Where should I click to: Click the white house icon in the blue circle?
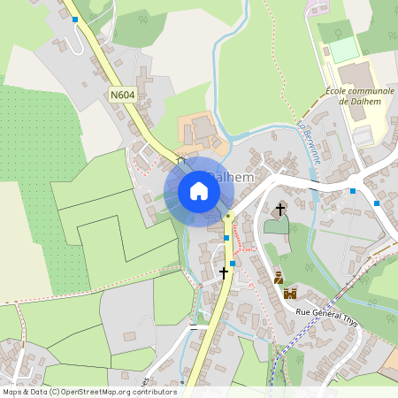pyautogui.click(x=199, y=191)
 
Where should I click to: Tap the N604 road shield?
pyautogui.click(x=123, y=95)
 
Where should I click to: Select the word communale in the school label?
pyautogui.click(x=373, y=91)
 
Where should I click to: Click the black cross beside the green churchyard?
pyautogui.click(x=281, y=210)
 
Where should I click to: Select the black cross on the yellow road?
pyautogui.click(x=224, y=273)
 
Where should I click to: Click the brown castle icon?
pyautogui.click(x=289, y=294)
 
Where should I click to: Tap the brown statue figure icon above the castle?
pyautogui.click(x=279, y=278)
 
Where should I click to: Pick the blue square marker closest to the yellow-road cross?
pyautogui.click(x=232, y=263)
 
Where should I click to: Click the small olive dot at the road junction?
pyautogui.click(x=228, y=215)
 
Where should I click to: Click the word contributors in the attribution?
pyautogui.click(x=152, y=392)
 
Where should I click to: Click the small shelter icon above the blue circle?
pyautogui.click(x=180, y=160)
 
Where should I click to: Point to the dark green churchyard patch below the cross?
pyautogui.click(x=276, y=226)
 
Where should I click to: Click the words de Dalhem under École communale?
pyautogui.click(x=356, y=102)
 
